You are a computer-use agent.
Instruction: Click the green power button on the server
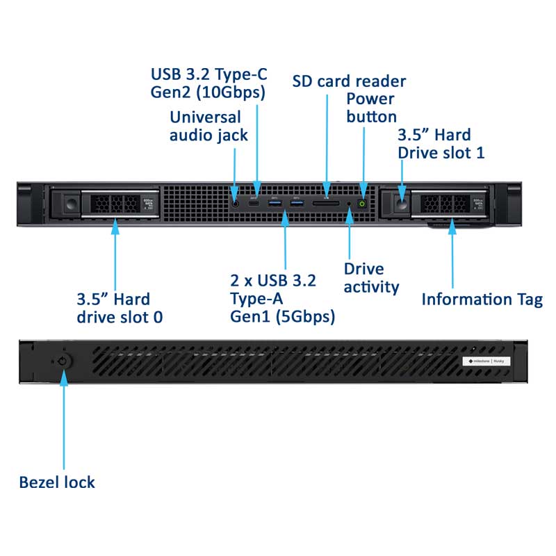tap(361, 203)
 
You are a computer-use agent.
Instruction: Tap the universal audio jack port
tap(236, 204)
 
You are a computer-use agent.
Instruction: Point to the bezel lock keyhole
tap(64, 361)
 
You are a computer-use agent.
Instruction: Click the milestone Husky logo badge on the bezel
tap(489, 361)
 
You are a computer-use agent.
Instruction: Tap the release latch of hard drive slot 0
tap(70, 204)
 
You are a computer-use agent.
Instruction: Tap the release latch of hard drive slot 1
tap(402, 204)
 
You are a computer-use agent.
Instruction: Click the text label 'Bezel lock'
tap(57, 482)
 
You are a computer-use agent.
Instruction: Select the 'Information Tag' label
tap(482, 300)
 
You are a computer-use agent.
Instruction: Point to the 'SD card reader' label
tap(349, 81)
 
